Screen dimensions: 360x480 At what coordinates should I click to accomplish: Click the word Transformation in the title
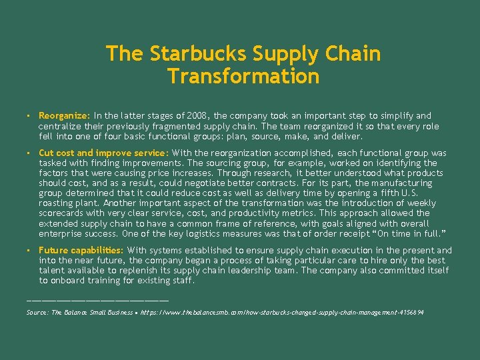(x=243, y=76)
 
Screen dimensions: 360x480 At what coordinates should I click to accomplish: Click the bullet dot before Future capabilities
(x=29, y=251)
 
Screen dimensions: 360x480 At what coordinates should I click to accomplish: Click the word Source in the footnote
(x=37, y=312)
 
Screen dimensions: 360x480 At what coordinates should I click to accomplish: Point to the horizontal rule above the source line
(x=97, y=300)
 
